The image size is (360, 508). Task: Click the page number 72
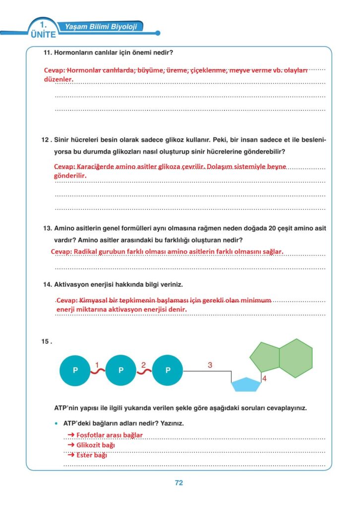pyautogui.click(x=179, y=483)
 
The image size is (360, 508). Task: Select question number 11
pyautogui.click(x=48, y=53)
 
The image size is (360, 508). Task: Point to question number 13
pyautogui.click(x=48, y=229)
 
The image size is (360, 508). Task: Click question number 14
pyautogui.click(x=48, y=285)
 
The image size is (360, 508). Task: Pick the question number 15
pyautogui.click(x=47, y=341)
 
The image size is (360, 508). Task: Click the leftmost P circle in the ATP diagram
pyautogui.click(x=75, y=370)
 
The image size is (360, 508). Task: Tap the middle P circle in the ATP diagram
pyautogui.click(x=121, y=370)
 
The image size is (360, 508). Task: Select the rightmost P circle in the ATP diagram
pyautogui.click(x=168, y=370)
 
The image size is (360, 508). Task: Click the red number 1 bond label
pyautogui.click(x=97, y=365)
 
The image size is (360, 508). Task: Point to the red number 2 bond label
pyautogui.click(x=143, y=365)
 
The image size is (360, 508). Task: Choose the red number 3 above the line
pyautogui.click(x=210, y=365)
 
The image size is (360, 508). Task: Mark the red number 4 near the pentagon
pyautogui.click(x=264, y=379)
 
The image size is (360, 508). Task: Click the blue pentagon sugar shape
pyautogui.click(x=246, y=384)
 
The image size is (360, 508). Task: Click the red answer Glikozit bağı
pyautogui.click(x=95, y=445)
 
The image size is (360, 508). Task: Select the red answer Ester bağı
pyautogui.click(x=91, y=455)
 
